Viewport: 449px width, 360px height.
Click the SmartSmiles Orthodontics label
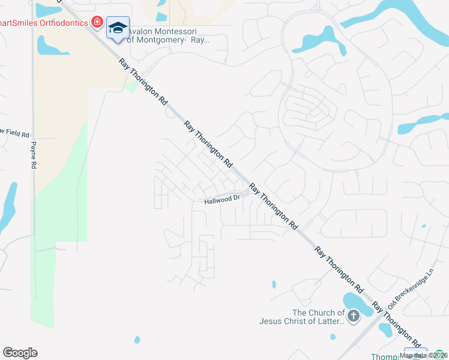(44, 22)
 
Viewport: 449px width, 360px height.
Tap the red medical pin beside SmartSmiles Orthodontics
(96, 22)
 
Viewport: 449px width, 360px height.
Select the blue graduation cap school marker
(118, 28)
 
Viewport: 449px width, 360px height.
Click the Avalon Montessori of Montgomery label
(169, 35)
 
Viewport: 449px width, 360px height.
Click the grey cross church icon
(354, 316)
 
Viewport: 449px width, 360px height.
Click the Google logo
(20, 353)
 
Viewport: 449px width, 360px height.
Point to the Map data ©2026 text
(424, 355)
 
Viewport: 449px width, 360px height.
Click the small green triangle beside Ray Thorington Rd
(131, 88)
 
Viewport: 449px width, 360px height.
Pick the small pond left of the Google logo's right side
(137, 340)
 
